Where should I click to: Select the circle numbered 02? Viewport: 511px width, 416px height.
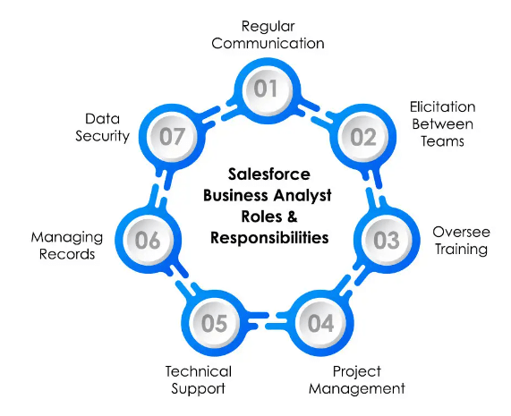363,137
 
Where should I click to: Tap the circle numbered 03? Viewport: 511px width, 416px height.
387,241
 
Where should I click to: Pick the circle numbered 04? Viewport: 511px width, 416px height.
320,323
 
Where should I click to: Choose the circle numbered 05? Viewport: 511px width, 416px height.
214,323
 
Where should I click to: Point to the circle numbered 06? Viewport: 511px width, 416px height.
148,241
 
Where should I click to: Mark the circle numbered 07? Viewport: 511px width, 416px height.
172,137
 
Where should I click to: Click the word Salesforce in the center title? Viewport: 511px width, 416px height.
268,174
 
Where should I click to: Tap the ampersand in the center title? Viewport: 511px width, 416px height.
293,216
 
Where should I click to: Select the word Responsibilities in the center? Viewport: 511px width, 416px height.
269,237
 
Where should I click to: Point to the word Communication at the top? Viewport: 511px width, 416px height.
268,43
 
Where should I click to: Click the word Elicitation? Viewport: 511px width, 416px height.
442,106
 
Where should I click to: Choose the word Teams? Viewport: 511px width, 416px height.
442,141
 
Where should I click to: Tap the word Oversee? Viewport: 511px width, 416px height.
461,232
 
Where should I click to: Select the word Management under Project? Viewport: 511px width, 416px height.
357,388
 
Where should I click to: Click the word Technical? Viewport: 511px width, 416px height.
199,371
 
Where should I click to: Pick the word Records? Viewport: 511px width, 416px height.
67,254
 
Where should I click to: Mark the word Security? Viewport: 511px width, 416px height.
102,136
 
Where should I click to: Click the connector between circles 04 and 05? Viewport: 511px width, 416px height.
268,320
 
